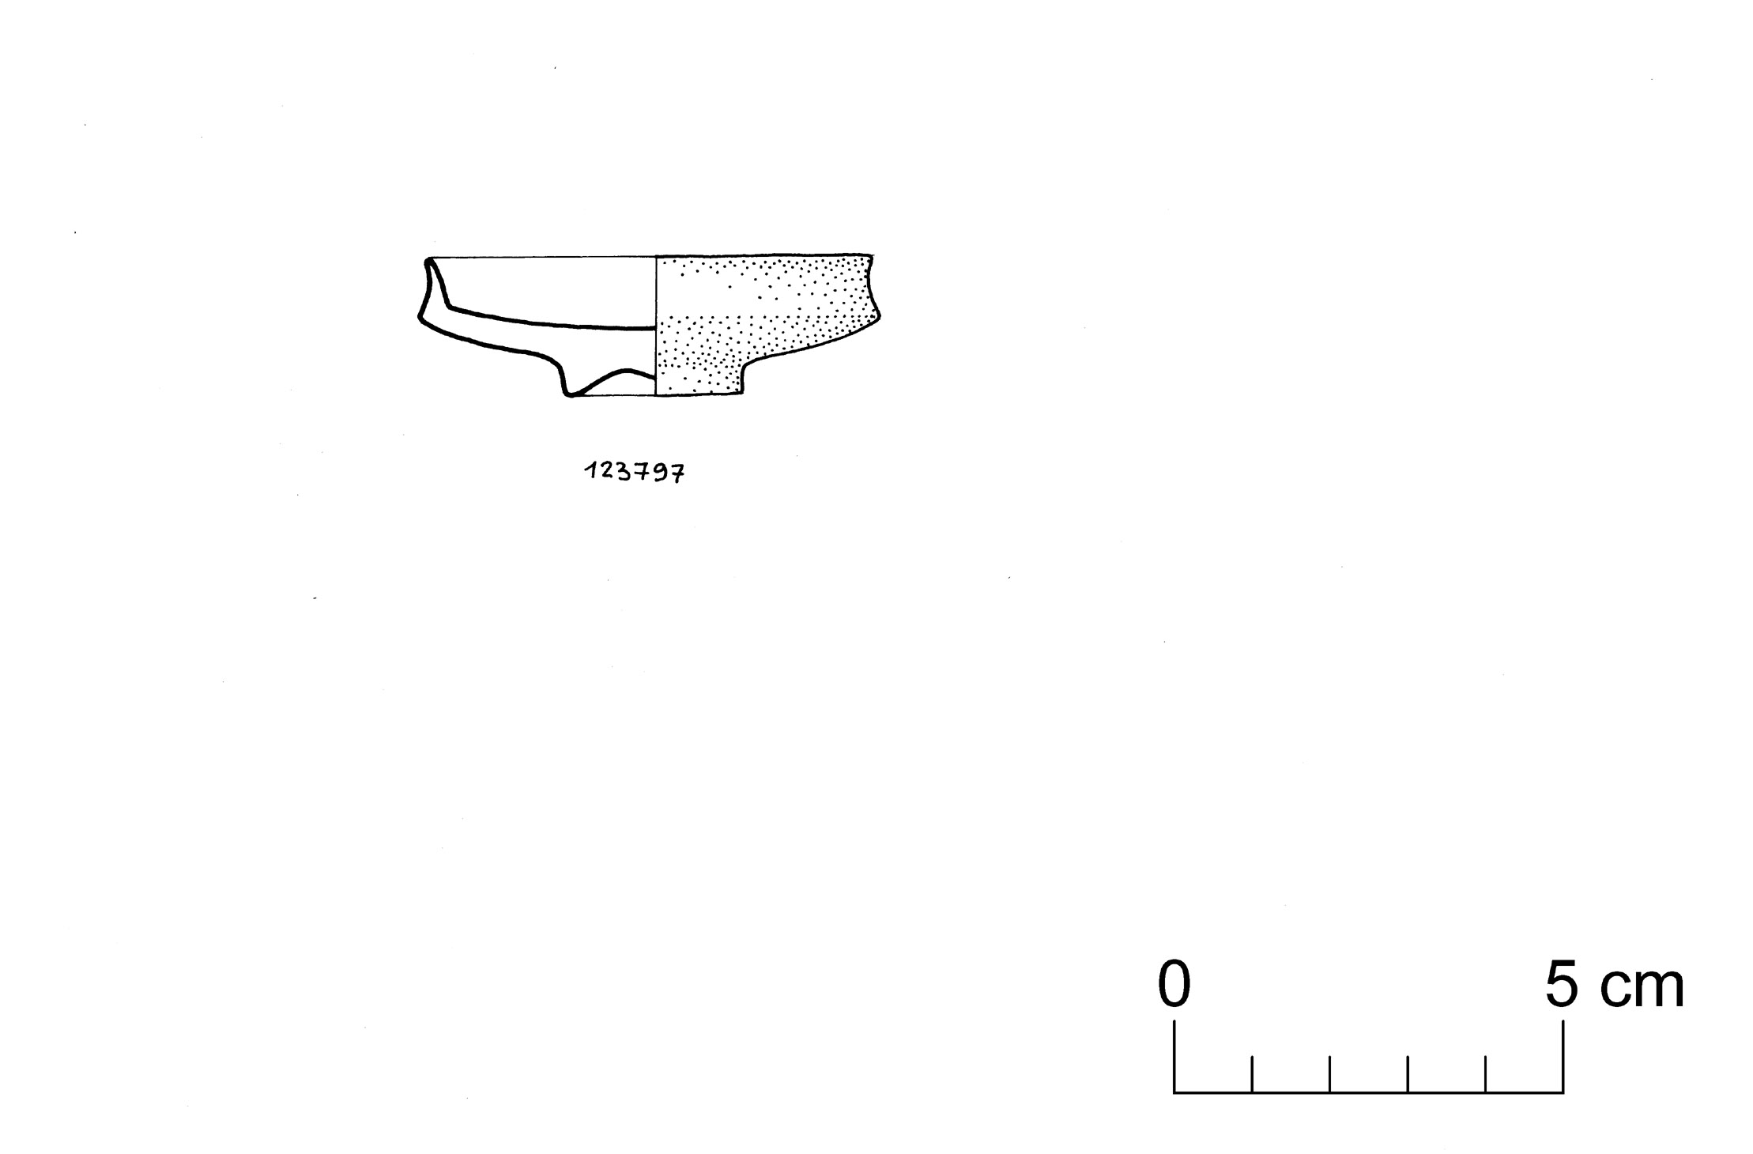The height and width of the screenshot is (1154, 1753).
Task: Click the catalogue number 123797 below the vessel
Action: [635, 473]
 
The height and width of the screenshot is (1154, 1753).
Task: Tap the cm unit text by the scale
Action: [1642, 988]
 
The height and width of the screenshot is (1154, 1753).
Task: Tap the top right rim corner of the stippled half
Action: [871, 256]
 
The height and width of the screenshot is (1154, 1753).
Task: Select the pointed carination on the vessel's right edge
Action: [879, 316]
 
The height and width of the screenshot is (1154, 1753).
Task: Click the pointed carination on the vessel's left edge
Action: [420, 318]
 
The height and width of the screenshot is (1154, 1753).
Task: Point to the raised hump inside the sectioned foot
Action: [628, 371]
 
